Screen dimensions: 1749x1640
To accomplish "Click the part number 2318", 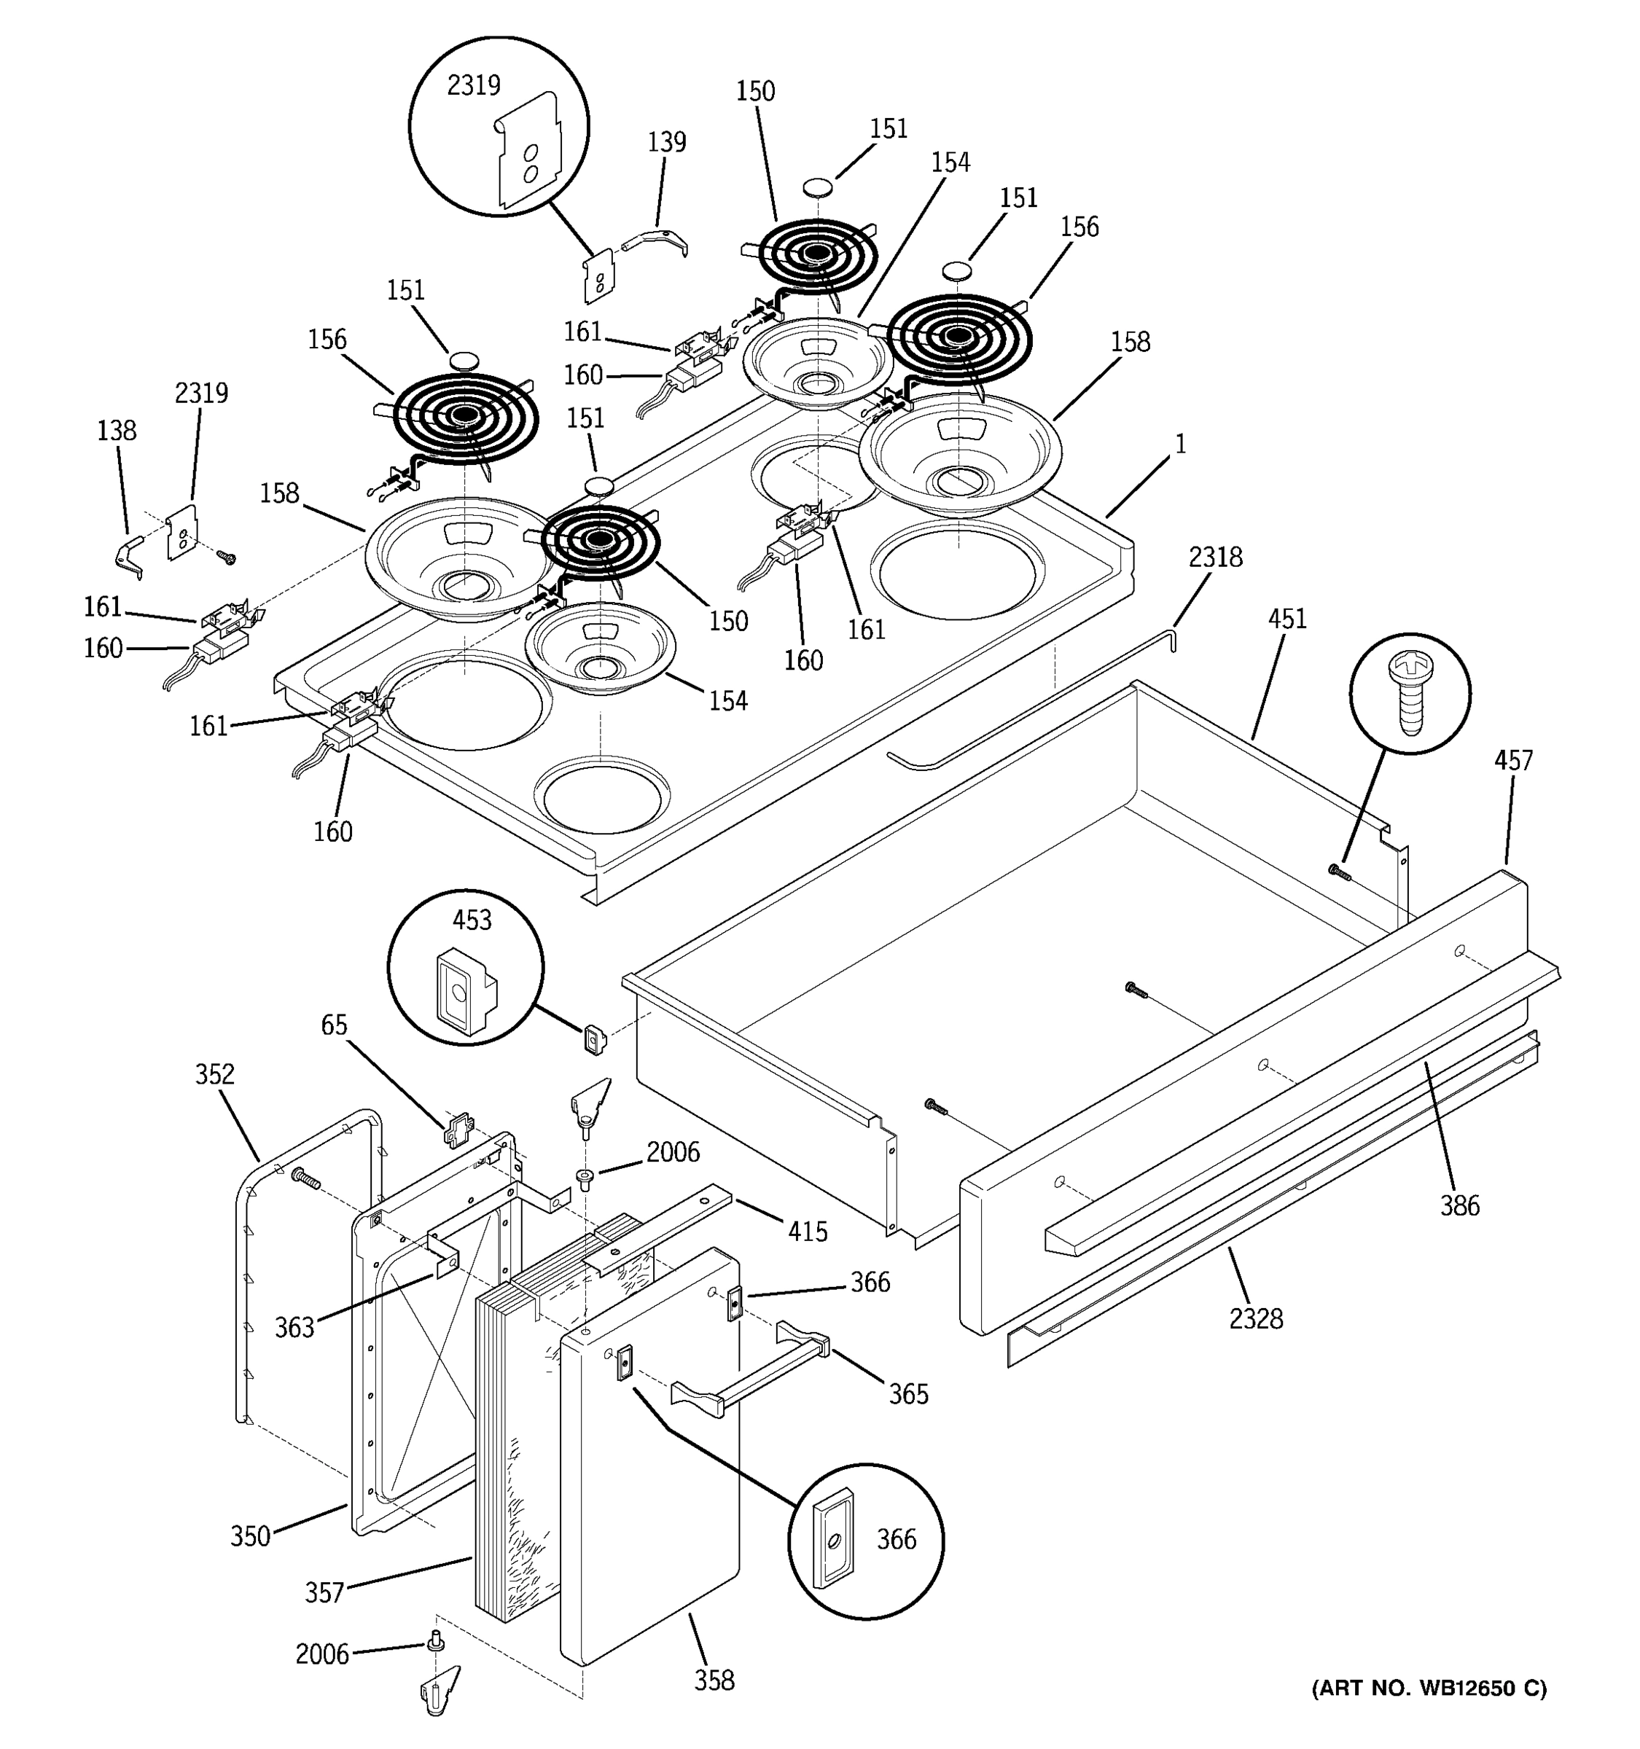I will click(1215, 557).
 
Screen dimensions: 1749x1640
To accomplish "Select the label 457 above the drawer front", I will click(1512, 760).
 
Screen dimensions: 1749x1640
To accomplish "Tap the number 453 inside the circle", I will click(472, 920).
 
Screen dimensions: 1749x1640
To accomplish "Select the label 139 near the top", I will click(667, 141).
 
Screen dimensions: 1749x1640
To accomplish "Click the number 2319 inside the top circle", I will click(473, 85).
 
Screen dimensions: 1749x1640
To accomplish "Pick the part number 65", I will click(333, 1025).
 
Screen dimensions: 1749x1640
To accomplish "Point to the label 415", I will click(807, 1232).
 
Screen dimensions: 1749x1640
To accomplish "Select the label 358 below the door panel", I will click(714, 1680).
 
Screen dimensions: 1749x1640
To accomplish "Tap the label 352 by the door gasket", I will click(215, 1074).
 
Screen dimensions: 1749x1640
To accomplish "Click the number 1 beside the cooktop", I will click(1180, 445).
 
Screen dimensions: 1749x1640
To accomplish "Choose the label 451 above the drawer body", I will click(1286, 619).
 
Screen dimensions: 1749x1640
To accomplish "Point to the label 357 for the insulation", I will click(324, 1593).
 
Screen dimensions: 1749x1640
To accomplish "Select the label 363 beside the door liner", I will click(294, 1328).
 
